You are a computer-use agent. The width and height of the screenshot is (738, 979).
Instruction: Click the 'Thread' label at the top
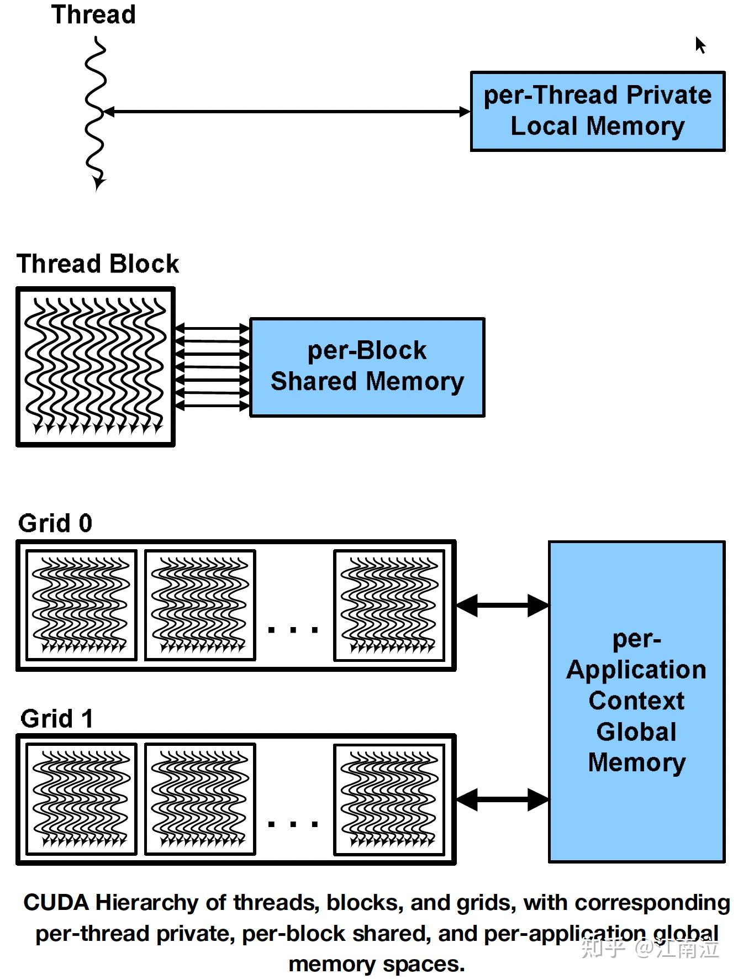(93, 14)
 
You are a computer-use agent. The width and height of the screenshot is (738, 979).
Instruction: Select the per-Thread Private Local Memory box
(597, 111)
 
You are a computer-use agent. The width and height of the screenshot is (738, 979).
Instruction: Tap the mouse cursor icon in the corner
(700, 45)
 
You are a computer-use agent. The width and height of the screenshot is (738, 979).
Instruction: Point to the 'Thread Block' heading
(98, 264)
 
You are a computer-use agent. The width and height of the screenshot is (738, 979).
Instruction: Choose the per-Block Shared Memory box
(367, 367)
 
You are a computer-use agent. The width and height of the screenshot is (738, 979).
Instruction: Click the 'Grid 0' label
(55, 523)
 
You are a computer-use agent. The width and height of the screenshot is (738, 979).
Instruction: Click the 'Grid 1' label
(56, 719)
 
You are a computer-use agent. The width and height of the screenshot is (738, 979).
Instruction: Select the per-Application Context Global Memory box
(636, 702)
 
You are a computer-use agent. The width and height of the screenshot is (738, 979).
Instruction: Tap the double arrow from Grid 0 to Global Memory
(502, 606)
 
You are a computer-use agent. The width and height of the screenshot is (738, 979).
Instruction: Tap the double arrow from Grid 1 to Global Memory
(502, 799)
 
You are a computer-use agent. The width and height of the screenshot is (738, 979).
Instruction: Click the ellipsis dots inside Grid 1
(293, 824)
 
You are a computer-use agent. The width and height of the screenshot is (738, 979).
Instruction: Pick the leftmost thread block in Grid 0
(82, 606)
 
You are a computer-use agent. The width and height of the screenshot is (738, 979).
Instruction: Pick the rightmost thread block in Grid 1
(389, 799)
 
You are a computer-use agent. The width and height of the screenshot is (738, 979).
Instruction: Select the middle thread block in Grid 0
(200, 606)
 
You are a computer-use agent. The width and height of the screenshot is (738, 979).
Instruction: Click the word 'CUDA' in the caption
(56, 903)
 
